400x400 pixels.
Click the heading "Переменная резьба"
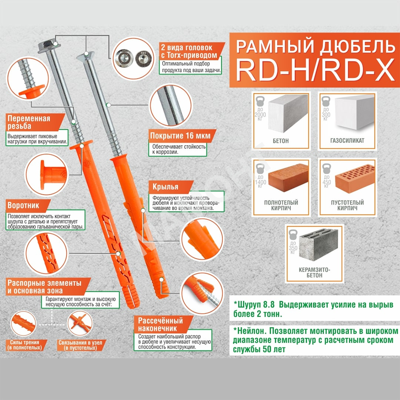coord(29,122)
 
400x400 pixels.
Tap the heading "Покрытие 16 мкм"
coord(180,136)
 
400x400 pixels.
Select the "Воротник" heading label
coord(23,205)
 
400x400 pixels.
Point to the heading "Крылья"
coord(165,187)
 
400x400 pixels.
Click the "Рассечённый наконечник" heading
coord(160,324)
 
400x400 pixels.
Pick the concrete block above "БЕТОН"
coord(288,114)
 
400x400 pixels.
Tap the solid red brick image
coord(288,177)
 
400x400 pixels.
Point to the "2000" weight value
coord(260,115)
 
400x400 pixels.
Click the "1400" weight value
coord(260,182)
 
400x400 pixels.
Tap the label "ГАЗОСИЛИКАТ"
coord(347,141)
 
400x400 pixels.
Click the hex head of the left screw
coord(49,46)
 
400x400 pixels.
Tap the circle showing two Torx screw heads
coord(133,59)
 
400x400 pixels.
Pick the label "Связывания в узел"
coord(80,343)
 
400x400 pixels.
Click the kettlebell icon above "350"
coord(293,235)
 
